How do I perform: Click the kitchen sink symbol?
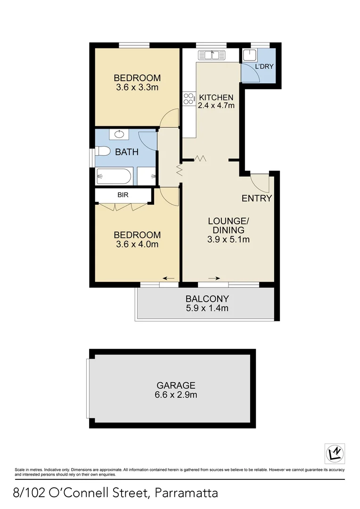(x=212, y=55)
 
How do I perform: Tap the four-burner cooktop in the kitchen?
(x=188, y=99)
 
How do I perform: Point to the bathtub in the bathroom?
(x=114, y=177)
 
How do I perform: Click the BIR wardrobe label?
(x=123, y=194)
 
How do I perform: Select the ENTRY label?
(x=257, y=198)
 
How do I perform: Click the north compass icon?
(x=335, y=453)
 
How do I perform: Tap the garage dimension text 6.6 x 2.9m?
(x=176, y=394)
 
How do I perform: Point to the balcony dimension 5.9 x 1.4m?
(x=207, y=308)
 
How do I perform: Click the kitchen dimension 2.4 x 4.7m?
(x=216, y=106)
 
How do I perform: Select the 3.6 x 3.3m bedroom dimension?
(x=137, y=87)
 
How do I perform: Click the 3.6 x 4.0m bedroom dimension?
(x=137, y=244)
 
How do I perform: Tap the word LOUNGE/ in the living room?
(x=229, y=221)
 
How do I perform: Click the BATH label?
(x=127, y=152)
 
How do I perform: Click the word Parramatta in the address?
(x=186, y=493)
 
